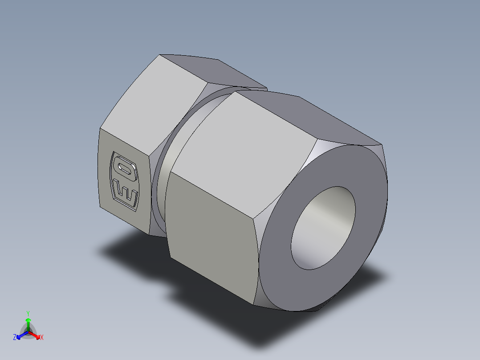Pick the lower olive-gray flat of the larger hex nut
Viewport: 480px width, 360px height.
point(209,236)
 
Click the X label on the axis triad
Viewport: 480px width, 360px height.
point(42,338)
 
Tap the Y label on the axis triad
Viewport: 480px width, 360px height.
point(28,313)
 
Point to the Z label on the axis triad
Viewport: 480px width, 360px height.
point(15,338)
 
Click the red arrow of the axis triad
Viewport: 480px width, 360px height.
point(35,334)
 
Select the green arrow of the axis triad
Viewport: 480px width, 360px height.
point(28,323)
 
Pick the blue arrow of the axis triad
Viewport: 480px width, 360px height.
point(21,335)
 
